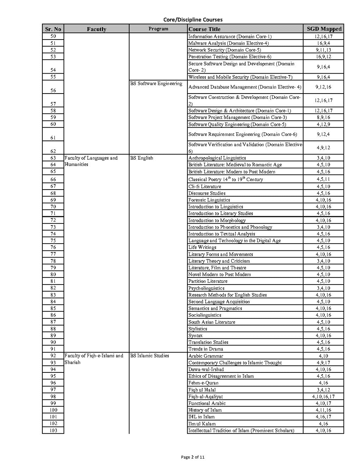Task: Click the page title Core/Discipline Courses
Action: tap(193, 20)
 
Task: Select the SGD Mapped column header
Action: tap(324, 29)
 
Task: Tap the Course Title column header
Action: tap(205, 29)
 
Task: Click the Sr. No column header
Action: tap(53, 29)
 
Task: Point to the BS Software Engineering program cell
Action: tap(156, 84)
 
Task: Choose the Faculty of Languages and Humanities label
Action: tap(91, 161)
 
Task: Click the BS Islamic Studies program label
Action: tap(150, 356)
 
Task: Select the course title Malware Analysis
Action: tap(228, 43)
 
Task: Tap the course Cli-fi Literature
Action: tap(205, 186)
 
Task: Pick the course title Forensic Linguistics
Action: tap(209, 200)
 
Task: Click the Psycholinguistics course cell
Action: tap(206, 288)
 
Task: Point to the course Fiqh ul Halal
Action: tap(202, 390)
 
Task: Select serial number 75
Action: tap(53, 241)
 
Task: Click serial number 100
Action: tap(53, 410)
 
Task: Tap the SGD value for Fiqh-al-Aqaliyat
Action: tap(323, 397)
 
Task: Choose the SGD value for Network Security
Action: tap(323, 50)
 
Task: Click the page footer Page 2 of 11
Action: tap(193, 457)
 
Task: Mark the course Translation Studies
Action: tap(208, 342)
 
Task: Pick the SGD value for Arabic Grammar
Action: tap(323, 356)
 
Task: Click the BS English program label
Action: tap(142, 158)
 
